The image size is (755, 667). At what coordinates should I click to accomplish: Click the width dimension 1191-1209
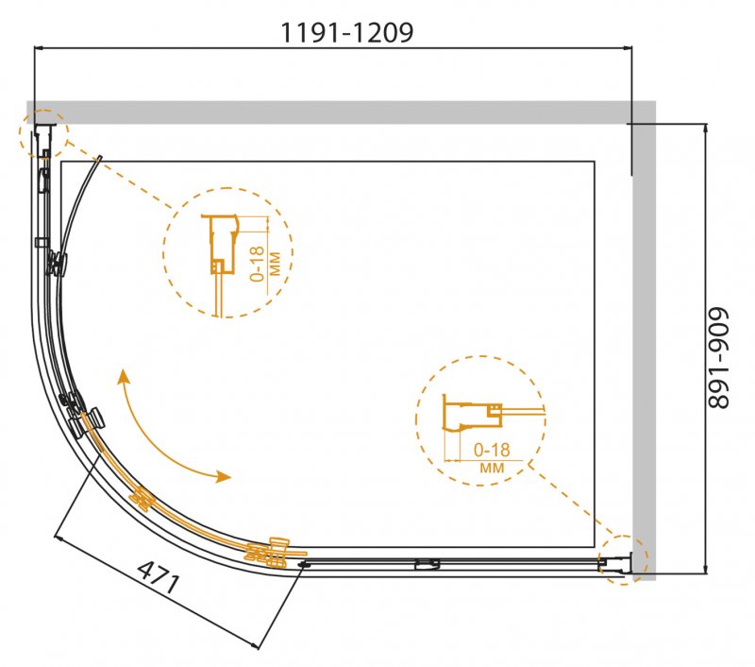tap(346, 33)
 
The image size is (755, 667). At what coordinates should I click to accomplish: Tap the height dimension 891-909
tap(719, 358)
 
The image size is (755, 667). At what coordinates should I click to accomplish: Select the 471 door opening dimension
tap(159, 577)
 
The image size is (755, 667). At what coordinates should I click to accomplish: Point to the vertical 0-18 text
tap(258, 264)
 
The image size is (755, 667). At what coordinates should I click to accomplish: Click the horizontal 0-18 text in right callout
tap(492, 450)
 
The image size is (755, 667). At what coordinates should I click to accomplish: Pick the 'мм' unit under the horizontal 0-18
tap(492, 468)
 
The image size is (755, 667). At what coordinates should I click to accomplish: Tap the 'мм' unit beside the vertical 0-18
tap(275, 264)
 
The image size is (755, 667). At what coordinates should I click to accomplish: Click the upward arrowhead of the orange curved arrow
tap(124, 376)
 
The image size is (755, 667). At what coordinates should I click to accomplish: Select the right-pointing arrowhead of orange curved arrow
tap(224, 477)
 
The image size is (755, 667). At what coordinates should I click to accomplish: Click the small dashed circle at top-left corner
tap(43, 133)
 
